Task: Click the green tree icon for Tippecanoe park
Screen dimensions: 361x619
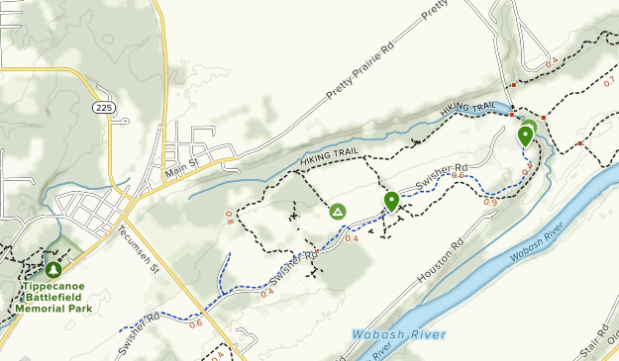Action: coord(52,268)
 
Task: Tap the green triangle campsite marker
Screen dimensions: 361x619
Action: coord(337,212)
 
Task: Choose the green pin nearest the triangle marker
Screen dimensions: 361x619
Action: coord(391,201)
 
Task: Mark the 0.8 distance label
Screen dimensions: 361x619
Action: coord(229,217)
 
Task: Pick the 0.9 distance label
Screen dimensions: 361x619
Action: coord(490,203)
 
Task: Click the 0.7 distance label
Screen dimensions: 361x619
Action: coord(607,81)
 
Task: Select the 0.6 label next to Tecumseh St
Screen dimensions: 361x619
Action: coord(195,323)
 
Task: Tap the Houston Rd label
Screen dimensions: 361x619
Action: coord(441,262)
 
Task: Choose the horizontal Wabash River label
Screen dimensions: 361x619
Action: coord(398,335)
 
